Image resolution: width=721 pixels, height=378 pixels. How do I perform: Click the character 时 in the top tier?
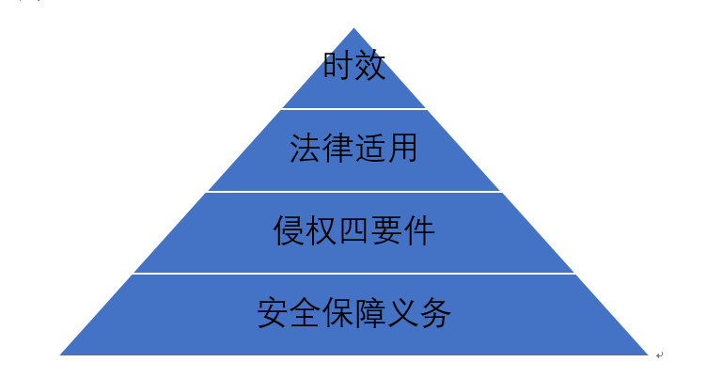(338, 65)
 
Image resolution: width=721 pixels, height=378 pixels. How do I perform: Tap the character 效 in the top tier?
(369, 65)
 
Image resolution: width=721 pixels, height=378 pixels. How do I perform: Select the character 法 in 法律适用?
(306, 148)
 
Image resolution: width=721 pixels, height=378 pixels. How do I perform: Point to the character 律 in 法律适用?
(337, 148)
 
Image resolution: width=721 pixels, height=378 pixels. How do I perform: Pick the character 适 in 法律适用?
(369, 148)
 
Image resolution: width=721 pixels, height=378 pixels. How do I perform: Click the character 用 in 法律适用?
(401, 148)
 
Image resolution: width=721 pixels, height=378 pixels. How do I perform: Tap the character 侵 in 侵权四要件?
(290, 230)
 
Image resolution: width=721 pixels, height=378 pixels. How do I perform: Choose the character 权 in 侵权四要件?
(321, 230)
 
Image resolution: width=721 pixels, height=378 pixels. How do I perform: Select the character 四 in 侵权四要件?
(353, 230)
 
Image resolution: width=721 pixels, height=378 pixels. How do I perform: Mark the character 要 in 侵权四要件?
(385, 230)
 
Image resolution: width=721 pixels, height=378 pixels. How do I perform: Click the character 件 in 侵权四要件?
(418, 230)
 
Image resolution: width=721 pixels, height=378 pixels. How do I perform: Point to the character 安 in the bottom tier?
(274, 312)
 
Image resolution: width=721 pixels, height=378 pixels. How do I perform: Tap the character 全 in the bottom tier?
(306, 312)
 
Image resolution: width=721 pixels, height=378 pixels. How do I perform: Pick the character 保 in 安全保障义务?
(337, 312)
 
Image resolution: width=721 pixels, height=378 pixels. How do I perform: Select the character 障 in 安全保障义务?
(369, 312)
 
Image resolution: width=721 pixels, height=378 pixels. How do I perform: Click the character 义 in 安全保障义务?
(402, 312)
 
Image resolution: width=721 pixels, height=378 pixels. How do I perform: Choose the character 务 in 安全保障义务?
(434, 312)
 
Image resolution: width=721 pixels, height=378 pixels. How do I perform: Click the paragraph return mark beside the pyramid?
(659, 355)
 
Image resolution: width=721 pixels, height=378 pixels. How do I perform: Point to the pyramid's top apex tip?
(353, 28)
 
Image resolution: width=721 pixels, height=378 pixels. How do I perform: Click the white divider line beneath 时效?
(353, 109)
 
